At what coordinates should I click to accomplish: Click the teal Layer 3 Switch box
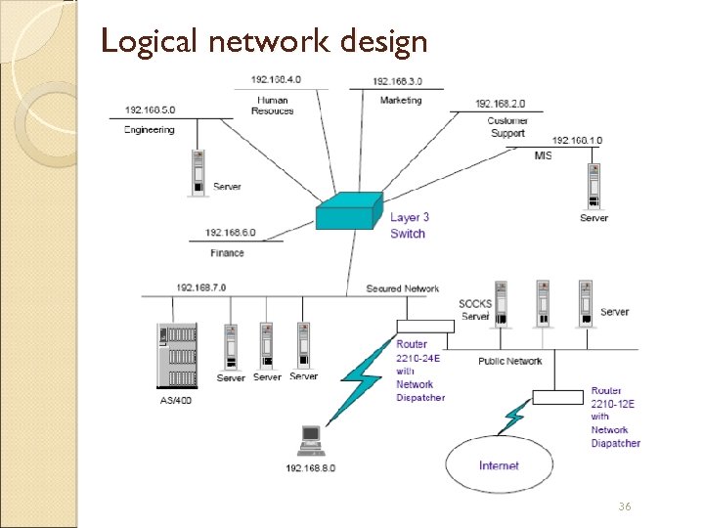click(348, 211)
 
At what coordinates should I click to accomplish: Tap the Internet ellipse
click(499, 464)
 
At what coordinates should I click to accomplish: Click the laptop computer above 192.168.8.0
click(312, 439)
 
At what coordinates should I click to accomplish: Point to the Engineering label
click(150, 129)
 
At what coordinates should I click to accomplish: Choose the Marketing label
click(400, 100)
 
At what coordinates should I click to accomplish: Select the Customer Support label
click(507, 127)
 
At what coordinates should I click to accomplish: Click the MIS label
click(543, 156)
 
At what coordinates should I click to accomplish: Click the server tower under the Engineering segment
click(199, 173)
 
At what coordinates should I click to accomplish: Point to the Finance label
click(227, 253)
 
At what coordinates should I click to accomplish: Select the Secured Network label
click(402, 288)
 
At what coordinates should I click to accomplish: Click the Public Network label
click(509, 361)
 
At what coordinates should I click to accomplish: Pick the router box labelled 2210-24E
click(420, 327)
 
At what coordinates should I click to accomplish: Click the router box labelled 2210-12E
click(558, 396)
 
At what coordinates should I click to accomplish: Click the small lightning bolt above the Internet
click(513, 418)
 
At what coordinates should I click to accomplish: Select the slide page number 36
click(624, 506)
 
